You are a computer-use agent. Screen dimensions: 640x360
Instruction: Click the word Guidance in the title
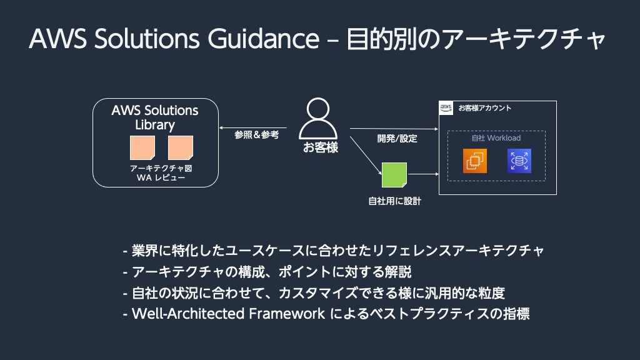pyautogui.click(x=264, y=39)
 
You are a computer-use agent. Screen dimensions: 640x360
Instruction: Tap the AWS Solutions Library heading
pyautogui.click(x=155, y=117)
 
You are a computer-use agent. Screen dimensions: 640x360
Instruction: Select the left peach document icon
pyautogui.click(x=142, y=147)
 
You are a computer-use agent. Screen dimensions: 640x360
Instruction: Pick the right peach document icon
pyautogui.click(x=181, y=147)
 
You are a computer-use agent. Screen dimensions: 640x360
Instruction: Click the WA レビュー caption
pyautogui.click(x=161, y=178)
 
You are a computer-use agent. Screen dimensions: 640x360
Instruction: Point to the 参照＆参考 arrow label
pyautogui.click(x=257, y=135)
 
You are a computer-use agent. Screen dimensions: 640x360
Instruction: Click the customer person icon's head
pyautogui.click(x=318, y=109)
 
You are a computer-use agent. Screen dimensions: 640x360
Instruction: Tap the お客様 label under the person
pyautogui.click(x=321, y=147)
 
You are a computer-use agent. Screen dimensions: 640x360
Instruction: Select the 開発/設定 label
pyautogui.click(x=397, y=139)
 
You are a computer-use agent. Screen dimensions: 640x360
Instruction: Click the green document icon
pyautogui.click(x=394, y=175)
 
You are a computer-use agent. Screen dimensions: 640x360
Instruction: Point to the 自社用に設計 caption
pyautogui.click(x=395, y=201)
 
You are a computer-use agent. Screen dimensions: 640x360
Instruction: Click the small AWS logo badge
pyautogui.click(x=446, y=108)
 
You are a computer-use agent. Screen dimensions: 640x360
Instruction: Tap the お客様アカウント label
pyautogui.click(x=485, y=108)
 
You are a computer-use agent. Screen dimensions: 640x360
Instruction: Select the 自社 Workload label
pyautogui.click(x=496, y=138)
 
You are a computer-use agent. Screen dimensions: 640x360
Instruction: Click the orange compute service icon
pyautogui.click(x=475, y=161)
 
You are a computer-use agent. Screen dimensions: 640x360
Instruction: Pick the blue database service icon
pyautogui.click(x=519, y=161)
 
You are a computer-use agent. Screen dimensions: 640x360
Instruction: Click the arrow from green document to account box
pyautogui.click(x=423, y=174)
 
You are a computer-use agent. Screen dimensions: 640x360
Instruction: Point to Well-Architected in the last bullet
pyautogui.click(x=188, y=314)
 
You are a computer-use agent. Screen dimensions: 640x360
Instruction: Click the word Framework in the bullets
pyautogui.click(x=287, y=314)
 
